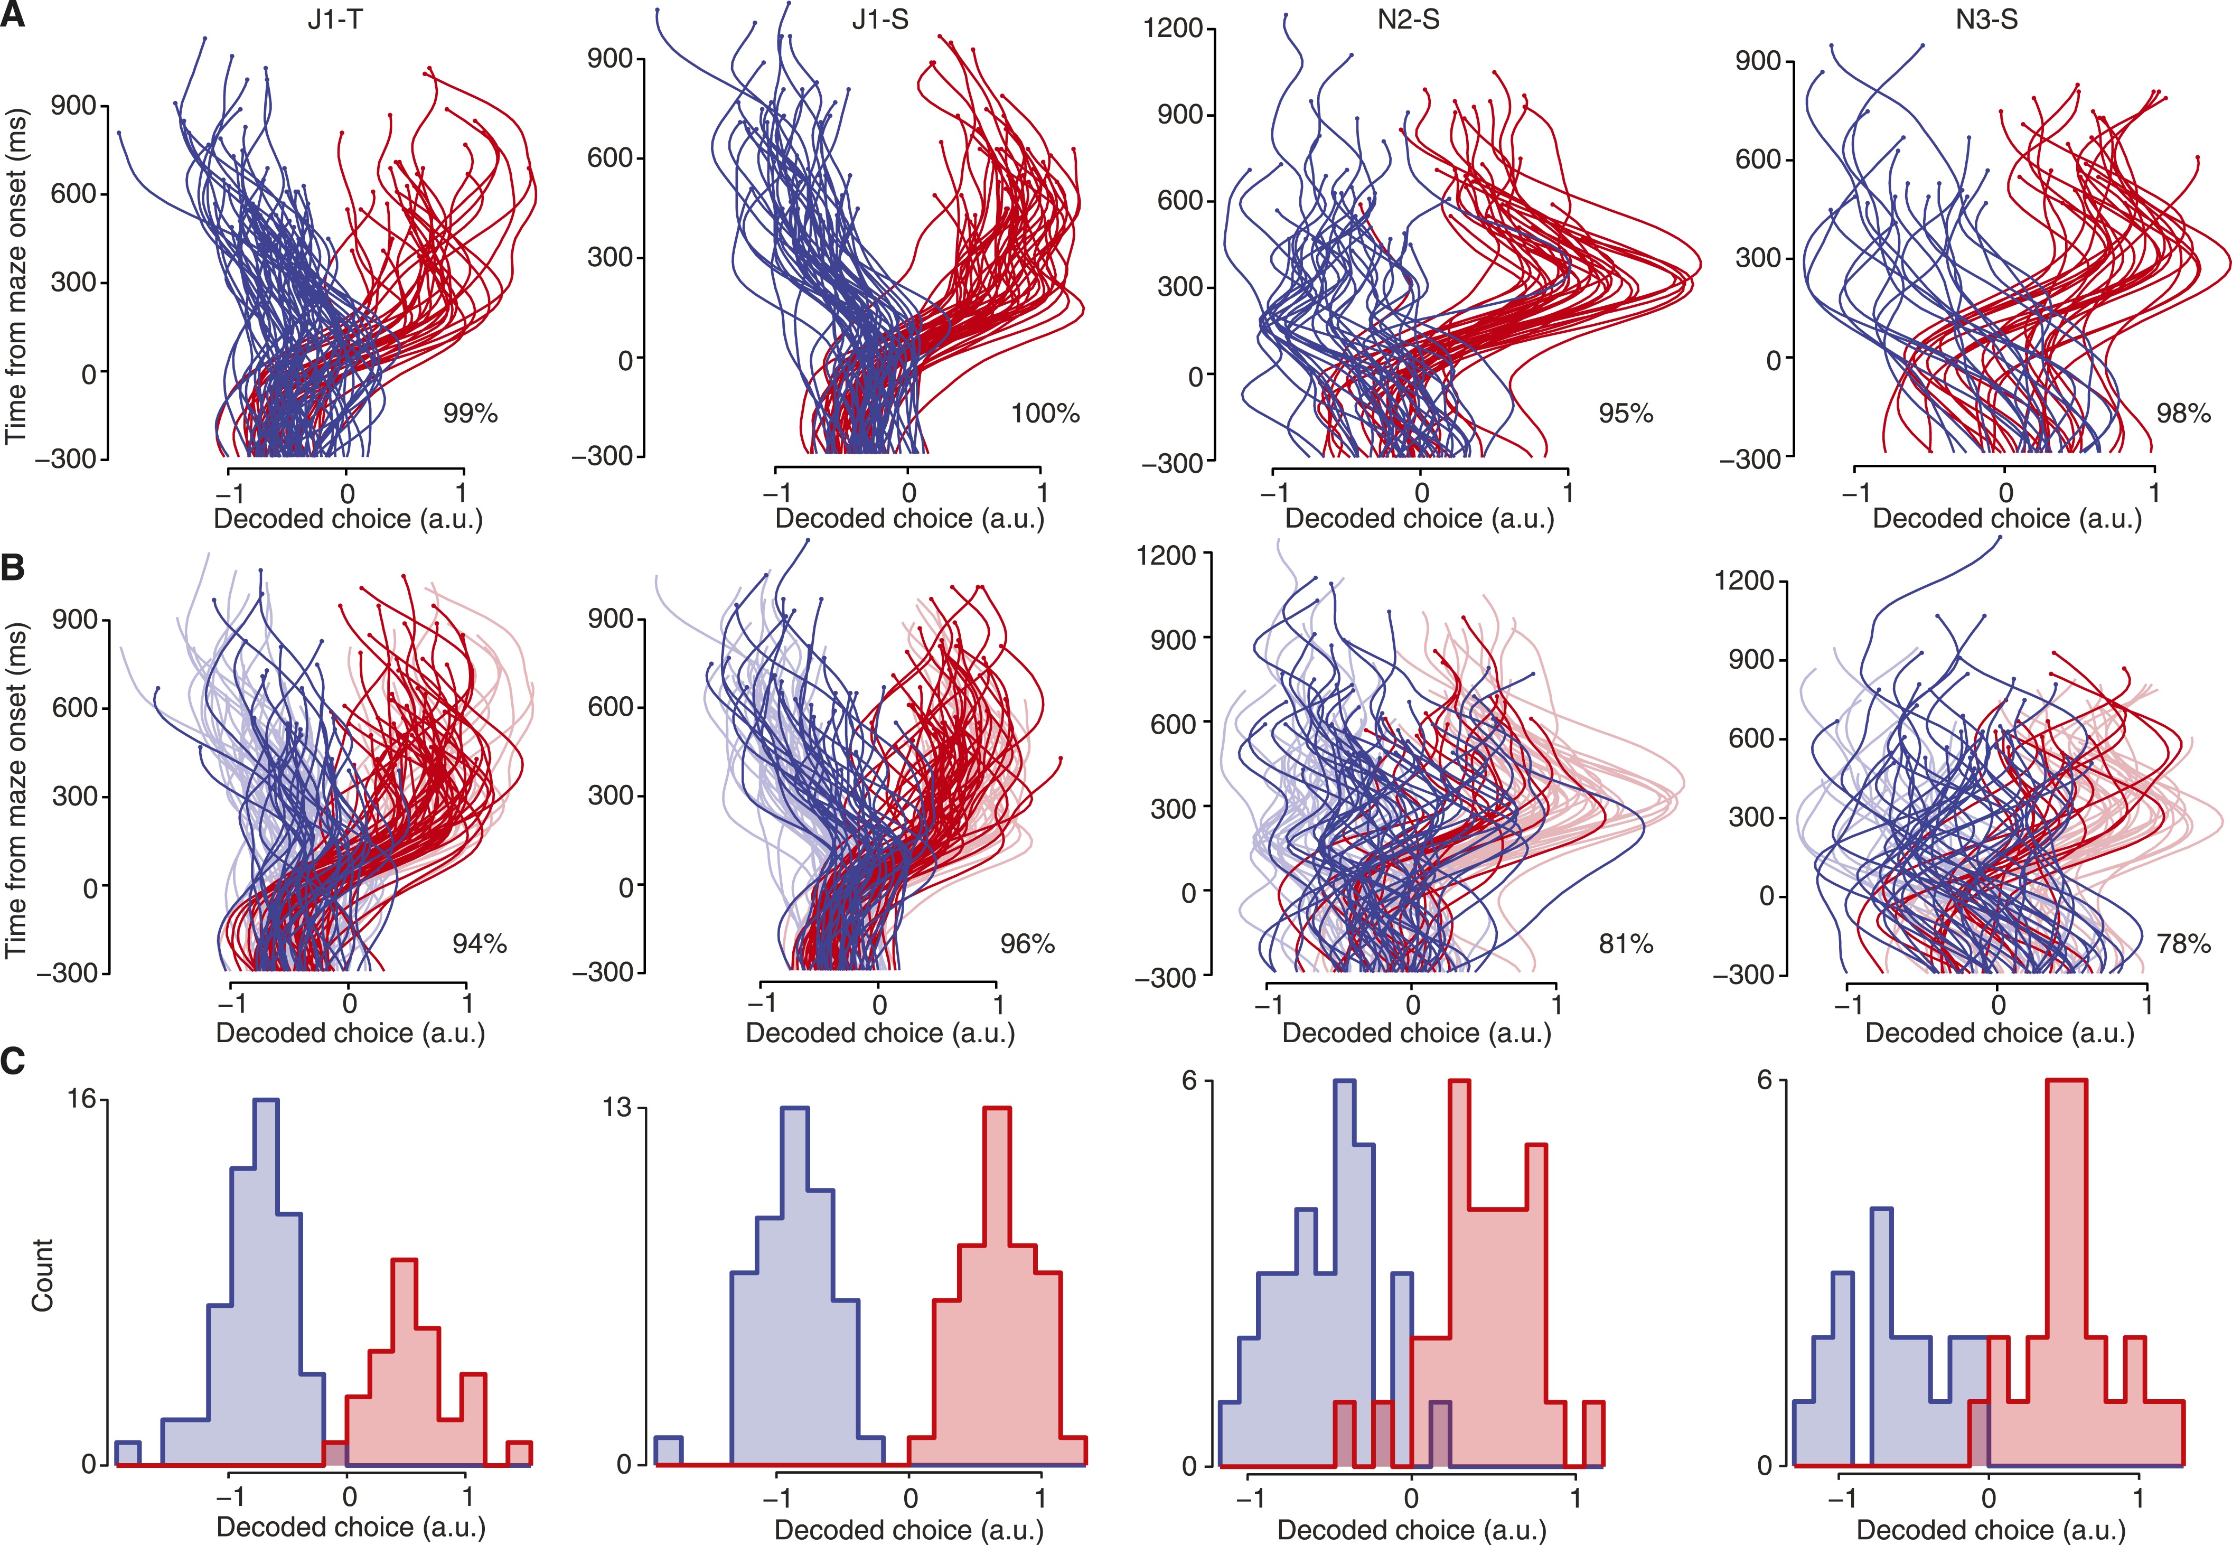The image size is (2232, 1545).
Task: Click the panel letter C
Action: (x=14, y=1062)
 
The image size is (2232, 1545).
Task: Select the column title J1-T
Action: (x=335, y=20)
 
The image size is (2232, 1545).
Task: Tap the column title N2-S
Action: (x=1408, y=20)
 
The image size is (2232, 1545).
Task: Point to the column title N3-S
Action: (x=1986, y=20)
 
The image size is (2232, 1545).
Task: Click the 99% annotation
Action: (x=471, y=414)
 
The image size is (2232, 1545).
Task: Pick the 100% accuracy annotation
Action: (x=1045, y=414)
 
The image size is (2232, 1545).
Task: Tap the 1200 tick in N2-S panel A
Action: (x=1173, y=28)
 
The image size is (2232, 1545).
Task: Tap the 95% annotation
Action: (x=1626, y=414)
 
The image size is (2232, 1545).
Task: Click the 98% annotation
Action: (x=2183, y=414)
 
